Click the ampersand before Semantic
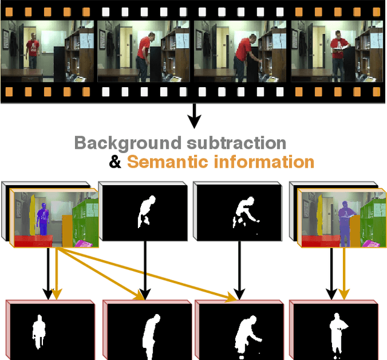pyautogui.click(x=114, y=162)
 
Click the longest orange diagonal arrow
pyautogui.click(x=151, y=272)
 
